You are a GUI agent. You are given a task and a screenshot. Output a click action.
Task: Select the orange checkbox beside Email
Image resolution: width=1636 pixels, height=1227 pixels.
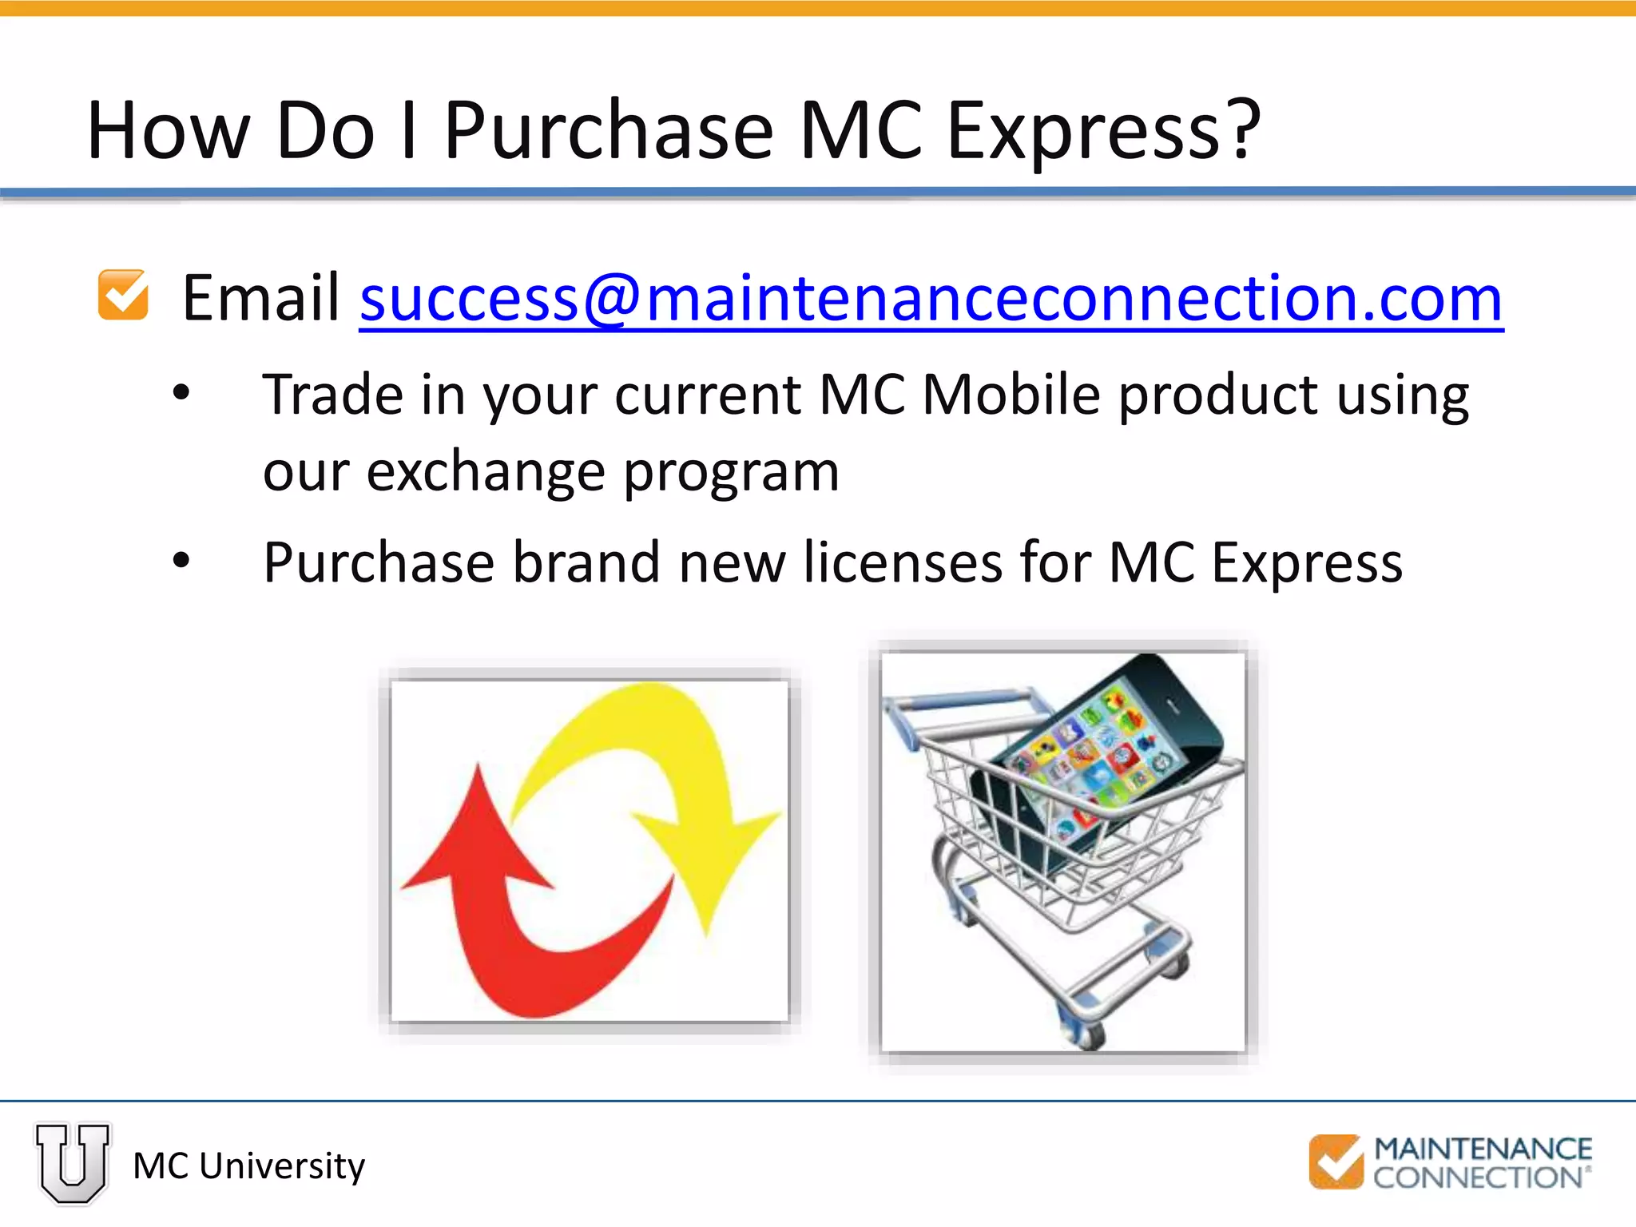123,295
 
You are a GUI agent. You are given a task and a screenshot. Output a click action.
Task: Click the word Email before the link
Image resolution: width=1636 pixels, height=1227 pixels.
261,298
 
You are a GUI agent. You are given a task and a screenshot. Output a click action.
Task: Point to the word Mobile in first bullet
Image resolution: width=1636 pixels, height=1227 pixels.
1011,395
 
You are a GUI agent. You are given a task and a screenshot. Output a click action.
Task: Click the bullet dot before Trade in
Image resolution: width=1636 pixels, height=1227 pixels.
181,393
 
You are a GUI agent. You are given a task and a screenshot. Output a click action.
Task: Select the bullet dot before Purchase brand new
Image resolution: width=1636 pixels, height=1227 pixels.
181,561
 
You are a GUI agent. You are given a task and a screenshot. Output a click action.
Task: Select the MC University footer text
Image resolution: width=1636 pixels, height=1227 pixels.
248,1166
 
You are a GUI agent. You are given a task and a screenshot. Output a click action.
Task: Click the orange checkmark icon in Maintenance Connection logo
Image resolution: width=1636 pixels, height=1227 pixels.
1335,1162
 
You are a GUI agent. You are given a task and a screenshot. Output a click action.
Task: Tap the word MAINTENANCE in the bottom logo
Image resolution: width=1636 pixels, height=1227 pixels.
1483,1149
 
